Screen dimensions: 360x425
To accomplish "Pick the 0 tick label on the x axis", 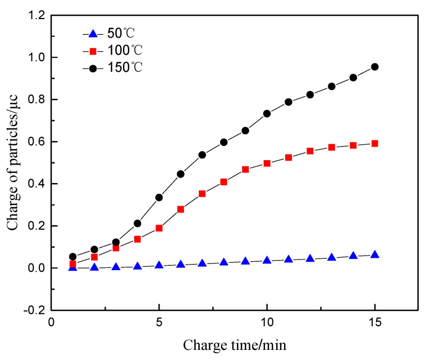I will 51,323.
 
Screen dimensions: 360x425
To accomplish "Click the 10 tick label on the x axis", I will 267,323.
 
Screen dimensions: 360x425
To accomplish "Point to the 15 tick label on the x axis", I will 374,323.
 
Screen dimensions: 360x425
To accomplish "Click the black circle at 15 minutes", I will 374,67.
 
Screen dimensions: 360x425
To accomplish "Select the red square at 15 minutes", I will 374,144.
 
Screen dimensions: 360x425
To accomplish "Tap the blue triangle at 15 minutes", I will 374,255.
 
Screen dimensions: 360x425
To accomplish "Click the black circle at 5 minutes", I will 159,198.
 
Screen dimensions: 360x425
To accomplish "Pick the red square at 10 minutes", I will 267,163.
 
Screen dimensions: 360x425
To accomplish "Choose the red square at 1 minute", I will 73,264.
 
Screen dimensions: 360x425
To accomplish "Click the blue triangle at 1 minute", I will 73,267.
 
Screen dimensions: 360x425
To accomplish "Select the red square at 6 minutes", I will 181,209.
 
